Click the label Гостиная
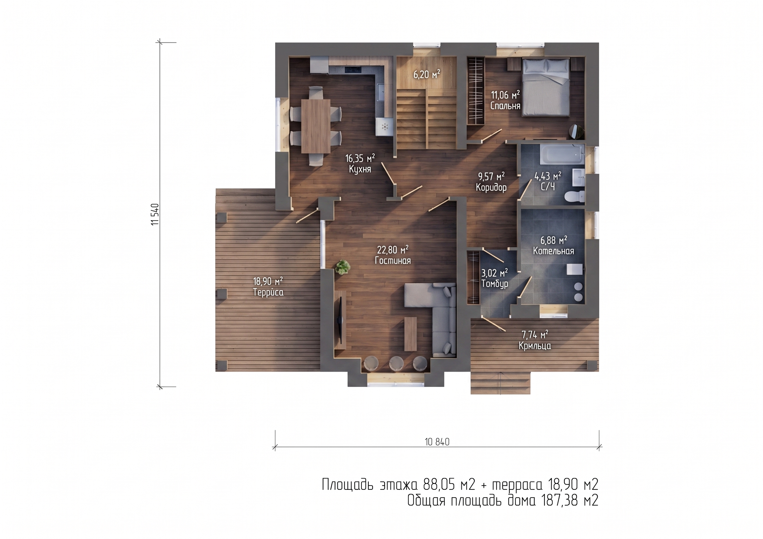coord(392,261)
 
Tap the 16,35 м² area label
coord(360,158)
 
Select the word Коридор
coord(491,188)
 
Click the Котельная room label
coord(553,251)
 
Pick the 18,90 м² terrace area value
coord(268,282)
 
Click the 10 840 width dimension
coord(437,442)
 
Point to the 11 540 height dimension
coord(155,215)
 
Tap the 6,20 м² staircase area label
coord(427,74)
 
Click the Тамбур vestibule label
coord(495,284)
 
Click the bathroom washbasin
coord(578,178)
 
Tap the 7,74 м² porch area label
coord(535,334)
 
